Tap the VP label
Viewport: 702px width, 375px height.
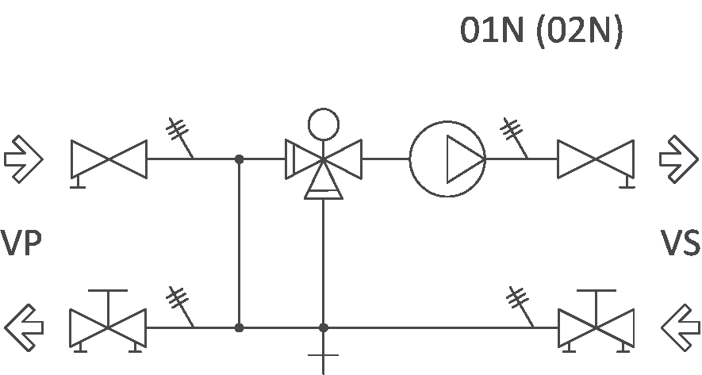tap(21, 243)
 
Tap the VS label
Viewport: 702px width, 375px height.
tap(681, 243)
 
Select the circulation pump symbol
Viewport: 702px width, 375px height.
tap(447, 159)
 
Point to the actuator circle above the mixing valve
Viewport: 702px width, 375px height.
tap(323, 124)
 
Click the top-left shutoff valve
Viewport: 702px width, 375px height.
tap(109, 159)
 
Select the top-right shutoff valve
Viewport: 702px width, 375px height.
tap(596, 159)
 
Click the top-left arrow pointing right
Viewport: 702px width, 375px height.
tap(24, 157)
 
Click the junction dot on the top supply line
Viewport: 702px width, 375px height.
tap(240, 159)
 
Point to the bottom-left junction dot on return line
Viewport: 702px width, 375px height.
tap(240, 327)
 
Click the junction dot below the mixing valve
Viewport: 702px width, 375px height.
tap(323, 327)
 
